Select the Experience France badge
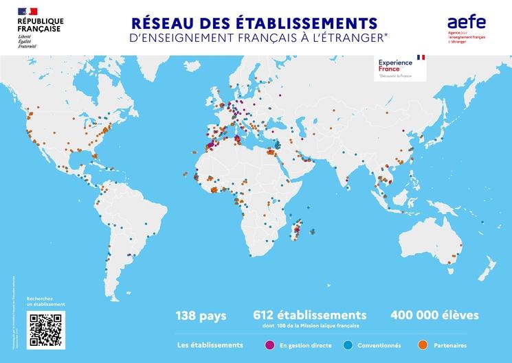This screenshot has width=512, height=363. (x=401, y=67)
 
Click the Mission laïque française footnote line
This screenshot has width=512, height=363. (x=310, y=327)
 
